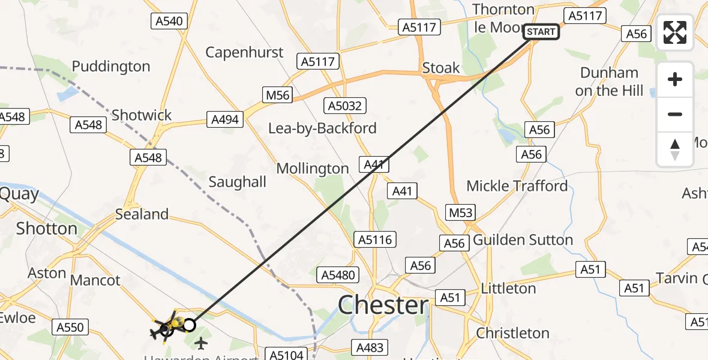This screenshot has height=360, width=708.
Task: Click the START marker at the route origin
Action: [x=541, y=32]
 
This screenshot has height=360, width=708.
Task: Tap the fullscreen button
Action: [x=675, y=32]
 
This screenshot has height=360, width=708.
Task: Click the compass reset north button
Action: [x=675, y=149]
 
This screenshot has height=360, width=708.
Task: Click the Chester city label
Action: [x=383, y=305]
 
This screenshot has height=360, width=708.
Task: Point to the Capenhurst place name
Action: [x=244, y=52]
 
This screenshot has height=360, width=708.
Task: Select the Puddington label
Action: [x=111, y=66]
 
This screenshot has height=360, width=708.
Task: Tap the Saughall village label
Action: [x=237, y=182]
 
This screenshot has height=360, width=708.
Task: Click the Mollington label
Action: [x=313, y=169]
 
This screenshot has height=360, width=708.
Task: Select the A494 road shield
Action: [x=225, y=119]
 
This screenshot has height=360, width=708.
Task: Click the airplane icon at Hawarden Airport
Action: [x=200, y=343]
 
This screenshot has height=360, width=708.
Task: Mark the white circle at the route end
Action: [x=189, y=325]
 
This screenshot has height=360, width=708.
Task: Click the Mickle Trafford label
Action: [x=517, y=186]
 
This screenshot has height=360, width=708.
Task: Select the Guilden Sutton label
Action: [x=523, y=240]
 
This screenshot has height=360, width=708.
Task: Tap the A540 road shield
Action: [x=169, y=21]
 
